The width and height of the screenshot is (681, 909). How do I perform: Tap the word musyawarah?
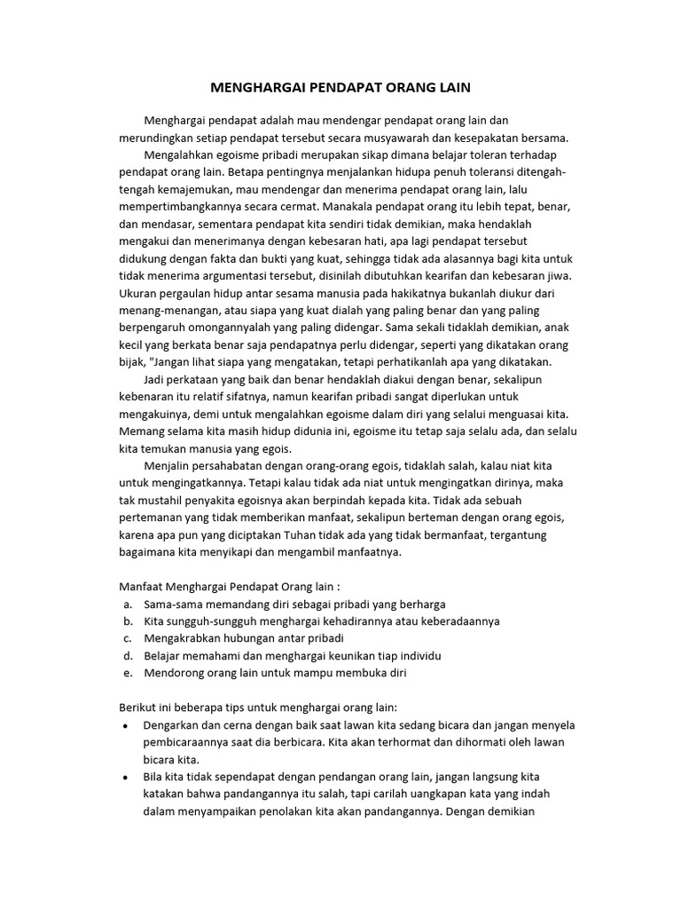[394, 138]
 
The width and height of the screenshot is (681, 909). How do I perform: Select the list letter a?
[128, 604]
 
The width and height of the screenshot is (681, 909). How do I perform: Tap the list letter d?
[128, 655]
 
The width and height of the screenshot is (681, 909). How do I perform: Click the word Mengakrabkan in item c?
[185, 638]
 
